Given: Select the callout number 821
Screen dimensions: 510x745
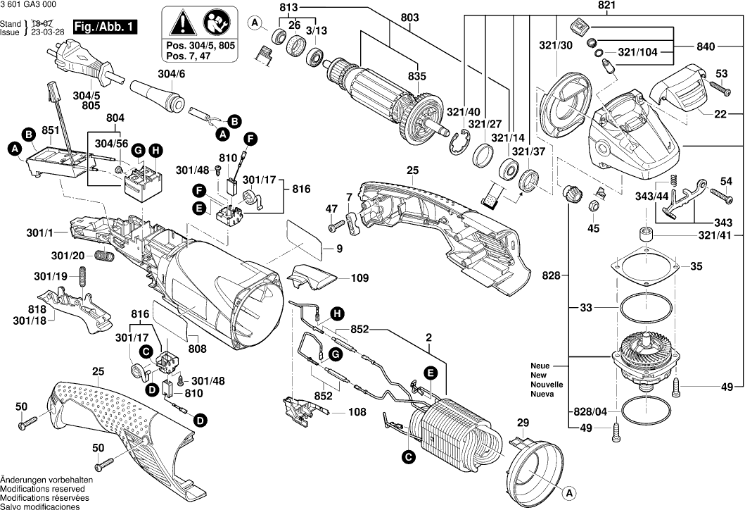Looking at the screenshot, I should [587, 6].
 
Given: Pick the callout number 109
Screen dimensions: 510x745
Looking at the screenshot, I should [359, 278].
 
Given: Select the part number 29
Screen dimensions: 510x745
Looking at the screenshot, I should [523, 423].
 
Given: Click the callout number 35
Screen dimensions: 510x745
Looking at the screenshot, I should [696, 266].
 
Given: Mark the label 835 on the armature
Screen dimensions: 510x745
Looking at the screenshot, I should [417, 76].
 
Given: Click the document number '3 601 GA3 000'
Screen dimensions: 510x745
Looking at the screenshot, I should [29, 6].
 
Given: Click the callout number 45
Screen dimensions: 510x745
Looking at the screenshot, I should [594, 228].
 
